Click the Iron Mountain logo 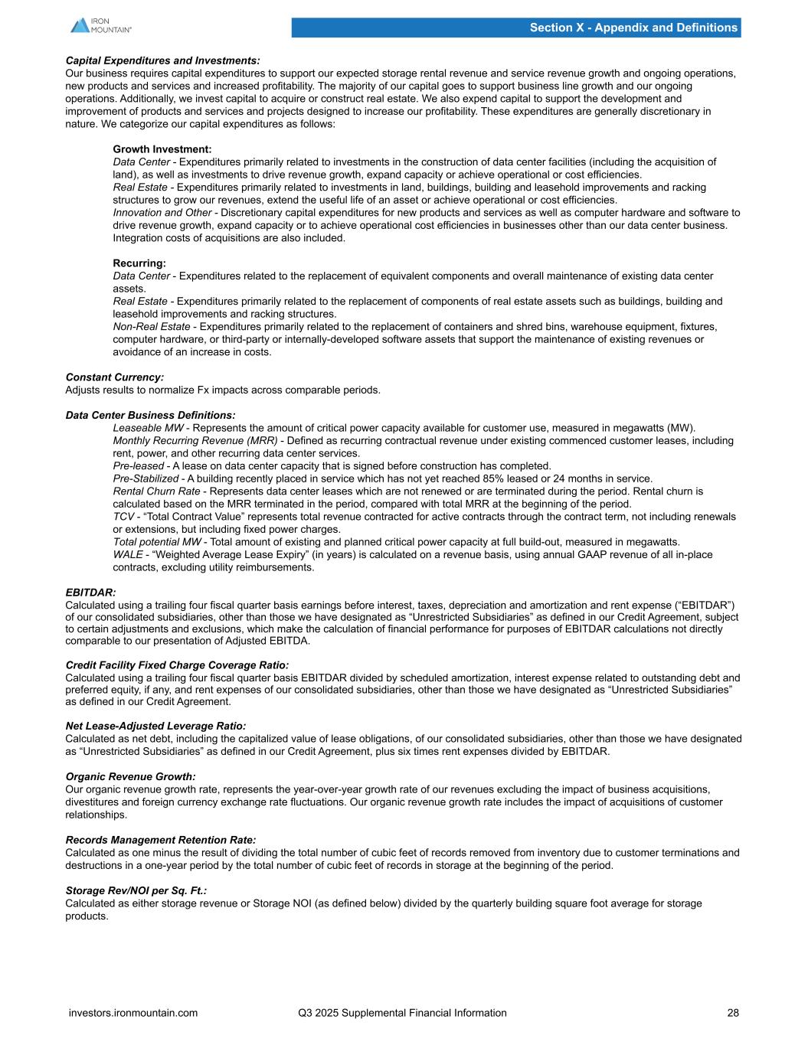click(100, 25)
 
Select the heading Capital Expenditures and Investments click(162, 60)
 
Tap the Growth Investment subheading click(162, 149)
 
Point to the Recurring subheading click(139, 263)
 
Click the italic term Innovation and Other click(162, 213)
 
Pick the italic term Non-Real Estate click(151, 327)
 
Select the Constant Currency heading click(115, 377)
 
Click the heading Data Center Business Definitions click(151, 416)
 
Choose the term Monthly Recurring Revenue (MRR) click(195, 441)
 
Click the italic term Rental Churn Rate click(159, 491)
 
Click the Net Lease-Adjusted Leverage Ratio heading click(156, 726)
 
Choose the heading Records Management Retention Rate click(161, 840)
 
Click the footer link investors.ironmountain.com click(133, 1013)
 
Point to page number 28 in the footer click(733, 1013)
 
